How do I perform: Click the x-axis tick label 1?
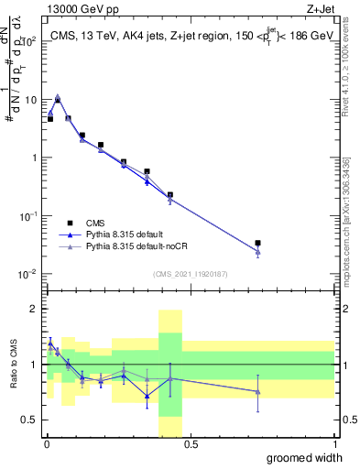click(334, 445)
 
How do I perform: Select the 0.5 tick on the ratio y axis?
click(29, 420)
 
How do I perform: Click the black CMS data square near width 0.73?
click(258, 243)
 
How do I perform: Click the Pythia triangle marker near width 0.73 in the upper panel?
click(258, 252)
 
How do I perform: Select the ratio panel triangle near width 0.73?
click(258, 392)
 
